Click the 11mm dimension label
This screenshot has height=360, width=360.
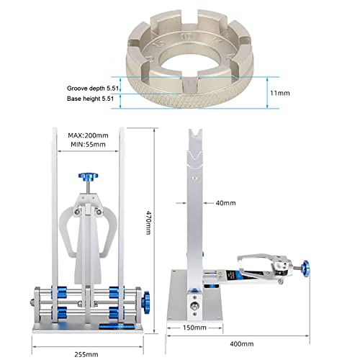280,93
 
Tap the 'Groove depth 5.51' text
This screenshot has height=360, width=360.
93,89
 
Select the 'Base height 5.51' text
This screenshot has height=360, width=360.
90,99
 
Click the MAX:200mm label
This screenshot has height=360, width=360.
88,135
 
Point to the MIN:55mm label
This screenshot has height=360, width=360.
88,145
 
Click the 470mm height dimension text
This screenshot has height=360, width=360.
149,222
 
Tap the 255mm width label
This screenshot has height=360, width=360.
86,354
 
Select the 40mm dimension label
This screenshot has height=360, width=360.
225,203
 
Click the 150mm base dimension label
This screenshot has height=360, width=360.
194,328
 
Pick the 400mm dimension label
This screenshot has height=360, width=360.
242,344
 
